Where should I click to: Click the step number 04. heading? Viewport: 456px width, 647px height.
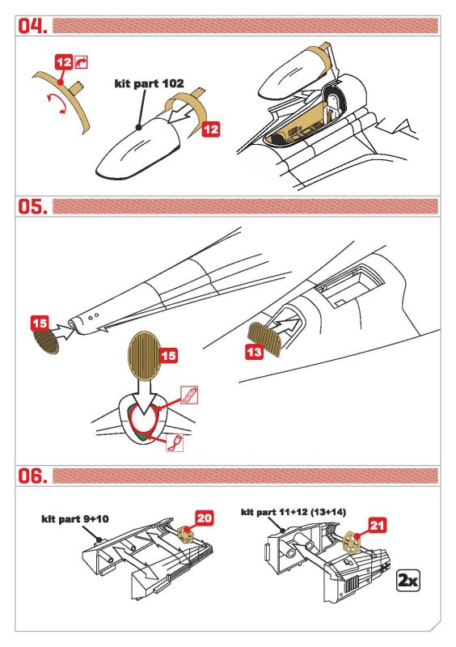tap(32, 26)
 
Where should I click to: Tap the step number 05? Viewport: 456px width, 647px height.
tap(32, 206)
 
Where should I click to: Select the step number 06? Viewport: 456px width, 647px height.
tap(32, 476)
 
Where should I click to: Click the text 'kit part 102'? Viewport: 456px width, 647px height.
tap(149, 83)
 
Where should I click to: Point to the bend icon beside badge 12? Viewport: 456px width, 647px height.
tap(82, 62)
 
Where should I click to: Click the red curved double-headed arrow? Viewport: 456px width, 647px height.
tap(56, 104)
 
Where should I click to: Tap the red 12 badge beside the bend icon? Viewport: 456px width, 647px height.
tap(64, 62)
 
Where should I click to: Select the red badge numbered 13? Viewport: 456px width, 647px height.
tap(254, 352)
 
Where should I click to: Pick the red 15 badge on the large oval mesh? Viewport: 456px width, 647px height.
tap(168, 356)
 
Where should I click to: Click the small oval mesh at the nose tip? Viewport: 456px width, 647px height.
tap(46, 340)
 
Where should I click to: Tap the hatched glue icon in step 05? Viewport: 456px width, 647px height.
tap(189, 395)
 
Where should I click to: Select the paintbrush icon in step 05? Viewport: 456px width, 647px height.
tap(175, 442)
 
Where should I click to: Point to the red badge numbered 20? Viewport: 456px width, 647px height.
tap(205, 518)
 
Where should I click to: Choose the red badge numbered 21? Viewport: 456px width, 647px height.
tap(378, 525)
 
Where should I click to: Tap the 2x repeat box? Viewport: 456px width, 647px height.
tap(407, 581)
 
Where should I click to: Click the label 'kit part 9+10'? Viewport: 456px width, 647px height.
tap(75, 518)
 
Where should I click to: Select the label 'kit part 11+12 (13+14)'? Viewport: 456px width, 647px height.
tap(293, 512)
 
